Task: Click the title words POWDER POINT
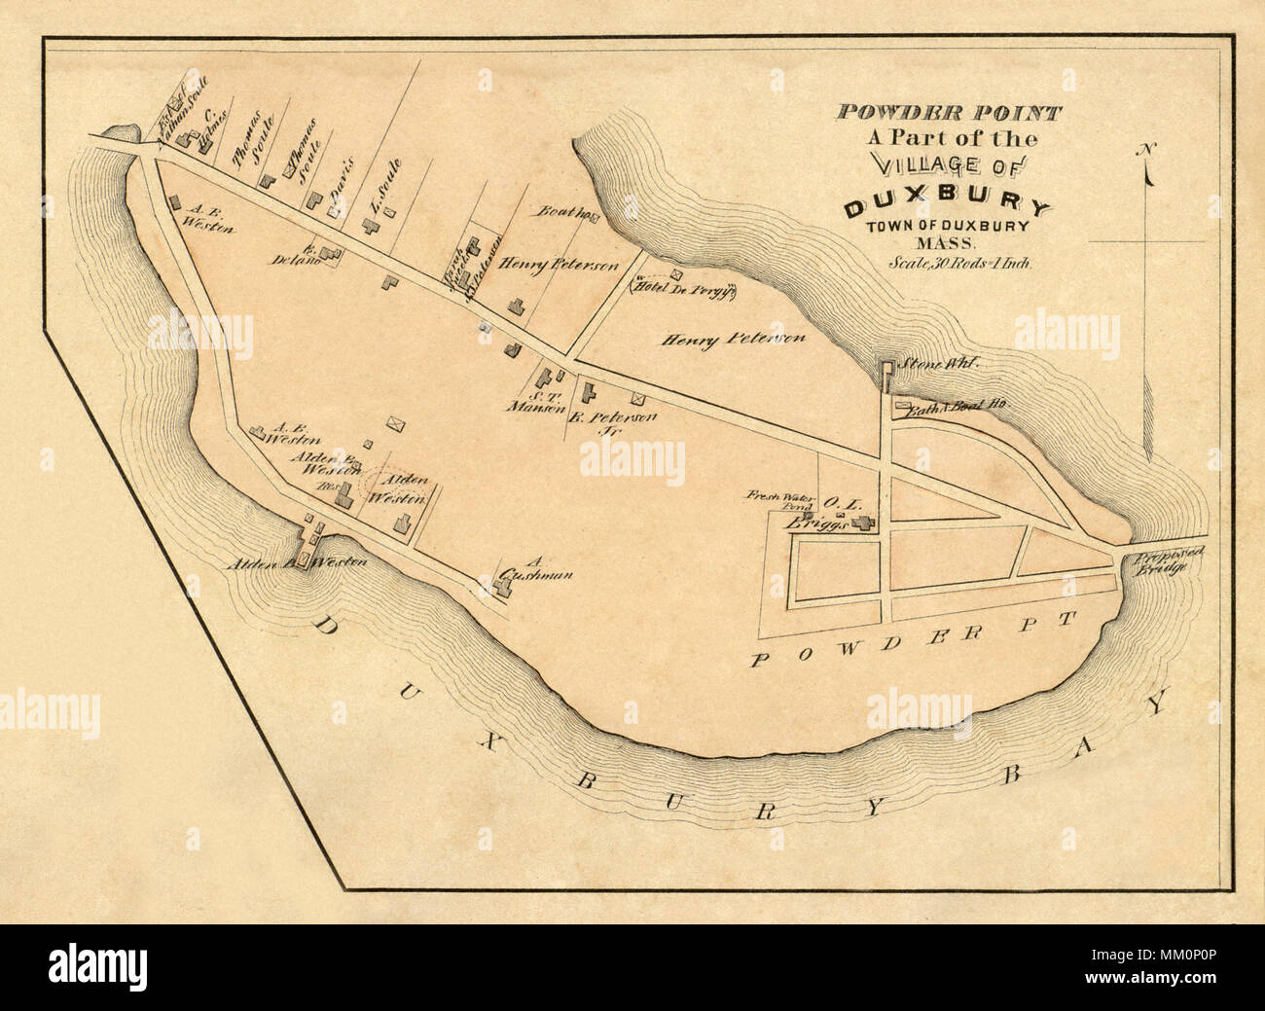pos(948,112)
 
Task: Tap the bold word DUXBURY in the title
pos(947,206)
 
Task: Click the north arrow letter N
pos(1148,149)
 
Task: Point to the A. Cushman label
pos(533,568)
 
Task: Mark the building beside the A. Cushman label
pos(488,581)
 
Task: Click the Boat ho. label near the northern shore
pos(562,211)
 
